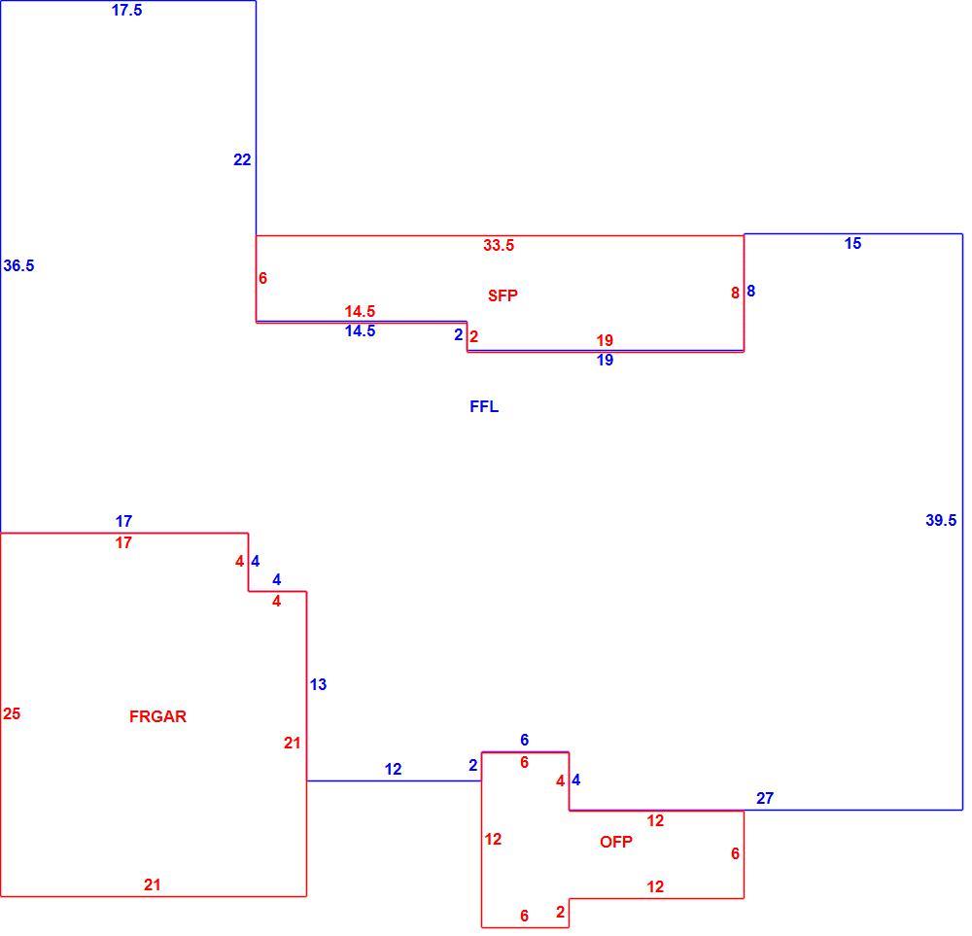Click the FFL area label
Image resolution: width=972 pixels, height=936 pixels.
coord(484,406)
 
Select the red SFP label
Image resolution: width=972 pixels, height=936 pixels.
coord(503,295)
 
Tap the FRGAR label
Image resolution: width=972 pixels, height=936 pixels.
coord(157,716)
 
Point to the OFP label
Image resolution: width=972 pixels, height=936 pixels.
coord(615,842)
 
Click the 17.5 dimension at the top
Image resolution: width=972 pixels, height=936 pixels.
coord(126,11)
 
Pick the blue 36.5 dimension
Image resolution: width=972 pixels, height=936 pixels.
coord(18,266)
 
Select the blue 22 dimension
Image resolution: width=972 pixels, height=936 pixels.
coord(242,160)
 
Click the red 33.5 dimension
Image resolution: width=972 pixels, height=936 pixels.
coord(499,246)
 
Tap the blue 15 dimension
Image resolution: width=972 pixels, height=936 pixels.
coord(852,244)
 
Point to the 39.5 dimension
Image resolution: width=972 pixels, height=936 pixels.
coord(940,521)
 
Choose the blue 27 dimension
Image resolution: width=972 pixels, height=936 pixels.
coord(764,798)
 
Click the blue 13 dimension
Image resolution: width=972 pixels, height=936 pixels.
coord(318,685)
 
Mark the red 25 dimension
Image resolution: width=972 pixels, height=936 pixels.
coord(12,714)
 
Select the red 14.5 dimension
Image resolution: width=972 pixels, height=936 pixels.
coord(360,311)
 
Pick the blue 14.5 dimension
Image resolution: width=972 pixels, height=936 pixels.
coord(360,331)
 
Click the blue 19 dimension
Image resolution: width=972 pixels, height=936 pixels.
coord(605,361)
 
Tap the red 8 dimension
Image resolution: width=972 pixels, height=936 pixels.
coord(735,294)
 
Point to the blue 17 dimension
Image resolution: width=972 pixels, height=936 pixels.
coord(123,521)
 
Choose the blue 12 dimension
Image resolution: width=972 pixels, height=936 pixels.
coord(393,769)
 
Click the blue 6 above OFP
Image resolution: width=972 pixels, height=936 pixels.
coord(525,740)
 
